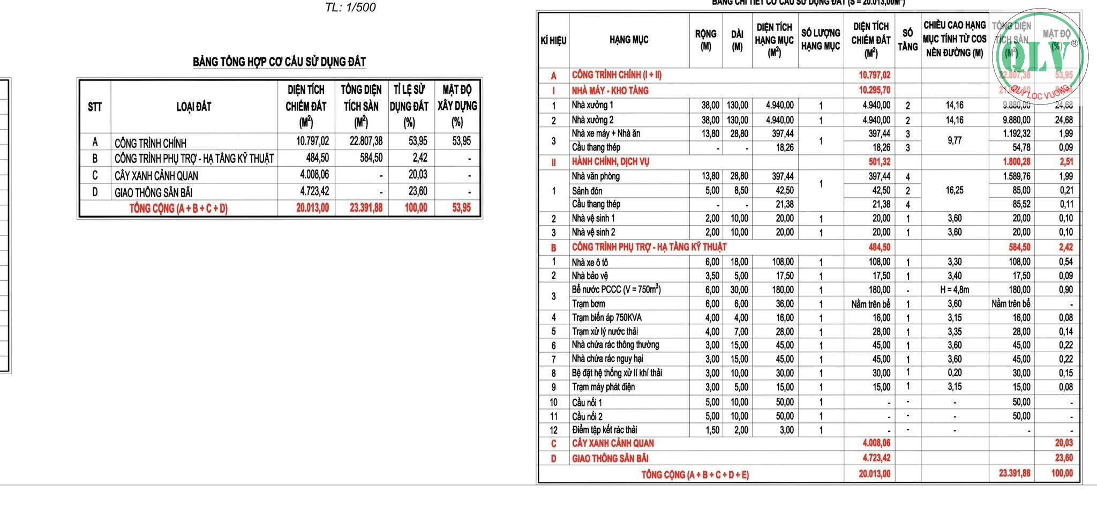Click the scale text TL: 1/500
pos(350,8)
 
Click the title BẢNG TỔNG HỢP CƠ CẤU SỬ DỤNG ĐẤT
pos(279,62)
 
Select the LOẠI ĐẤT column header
pos(194,107)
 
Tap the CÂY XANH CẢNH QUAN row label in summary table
pos(156,176)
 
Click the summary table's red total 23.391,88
pos(366,208)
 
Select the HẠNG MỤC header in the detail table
pos(629,40)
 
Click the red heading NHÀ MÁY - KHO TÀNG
pos(610,91)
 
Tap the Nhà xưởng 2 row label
pos(592,120)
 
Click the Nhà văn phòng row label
pos(596,176)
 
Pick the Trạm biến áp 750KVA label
pos(606,318)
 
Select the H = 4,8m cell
pos(955,290)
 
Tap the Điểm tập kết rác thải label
pos(604,430)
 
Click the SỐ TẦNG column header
pos(907,40)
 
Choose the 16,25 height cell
pos(955,190)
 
